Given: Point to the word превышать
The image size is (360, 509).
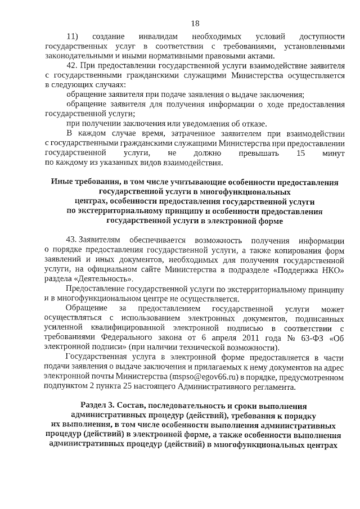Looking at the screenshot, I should pyautogui.click(x=250, y=152).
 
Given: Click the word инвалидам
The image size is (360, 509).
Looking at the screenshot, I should pyautogui.click(x=147, y=37).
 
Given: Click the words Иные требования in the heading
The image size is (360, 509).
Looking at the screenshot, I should pyautogui.click(x=82, y=182).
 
